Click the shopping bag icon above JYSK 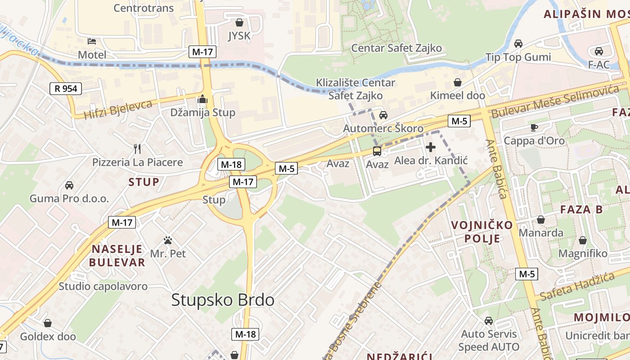pyautogui.click(x=239, y=22)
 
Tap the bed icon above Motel pyautogui.click(x=92, y=41)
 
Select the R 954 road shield pyautogui.click(x=66, y=89)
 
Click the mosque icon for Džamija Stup pyautogui.click(x=202, y=99)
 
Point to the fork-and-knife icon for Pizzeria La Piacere pyautogui.click(x=138, y=148)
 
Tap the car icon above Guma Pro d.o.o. pyautogui.click(x=69, y=185)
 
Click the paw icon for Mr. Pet pyautogui.click(x=168, y=240)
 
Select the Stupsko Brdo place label pyautogui.click(x=223, y=300)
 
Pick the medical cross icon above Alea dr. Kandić pyautogui.click(x=431, y=147)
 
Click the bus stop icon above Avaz pyautogui.click(x=377, y=151)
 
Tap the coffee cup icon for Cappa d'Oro pyautogui.click(x=534, y=127)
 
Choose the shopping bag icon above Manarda pyautogui.click(x=541, y=220)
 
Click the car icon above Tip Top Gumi pyautogui.click(x=518, y=44)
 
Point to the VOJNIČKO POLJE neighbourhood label pyautogui.click(x=482, y=231)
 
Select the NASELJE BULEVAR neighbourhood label pyautogui.click(x=117, y=256)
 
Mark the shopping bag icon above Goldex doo pyautogui.click(x=48, y=323)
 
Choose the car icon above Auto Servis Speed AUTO pyautogui.click(x=489, y=321)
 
